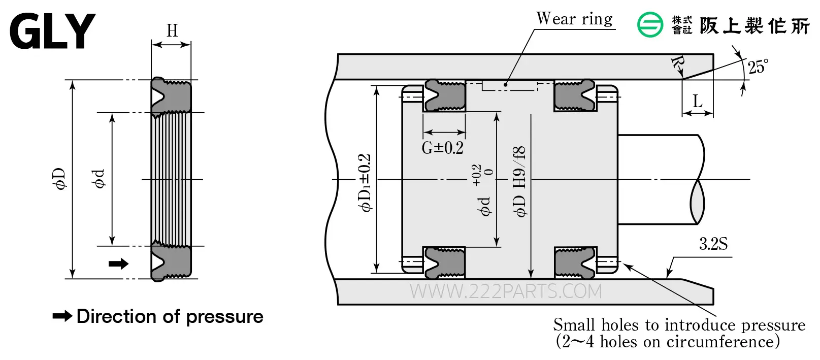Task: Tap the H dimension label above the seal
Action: pos(172,31)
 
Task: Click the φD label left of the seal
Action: pos(59,179)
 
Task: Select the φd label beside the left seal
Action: pos(99,179)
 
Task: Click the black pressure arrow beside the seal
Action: pos(119,264)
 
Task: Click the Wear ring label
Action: pos(574,18)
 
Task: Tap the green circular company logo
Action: pos(650,24)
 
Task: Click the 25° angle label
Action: pos(758,67)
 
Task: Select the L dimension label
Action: pos(698,101)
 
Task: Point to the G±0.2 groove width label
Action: pos(443,148)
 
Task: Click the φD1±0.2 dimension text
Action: pos(365,183)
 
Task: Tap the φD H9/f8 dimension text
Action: pos(519,182)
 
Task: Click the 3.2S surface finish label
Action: pos(713,244)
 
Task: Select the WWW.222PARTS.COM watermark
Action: pos(506,291)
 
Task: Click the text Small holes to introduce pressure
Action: pos(679,325)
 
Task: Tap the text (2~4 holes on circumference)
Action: pos(668,342)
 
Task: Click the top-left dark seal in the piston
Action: pos(445,95)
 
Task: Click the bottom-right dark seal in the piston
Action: pos(575,263)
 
